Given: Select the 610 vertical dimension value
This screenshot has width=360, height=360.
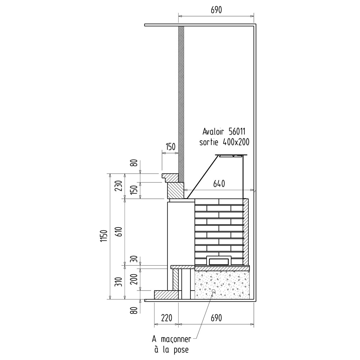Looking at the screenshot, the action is click(119, 232).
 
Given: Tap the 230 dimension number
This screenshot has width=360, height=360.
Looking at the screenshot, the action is click(119, 186).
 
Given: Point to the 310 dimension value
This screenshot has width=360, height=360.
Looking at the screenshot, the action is click(119, 282).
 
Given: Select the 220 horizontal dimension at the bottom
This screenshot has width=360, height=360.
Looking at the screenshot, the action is click(166, 318).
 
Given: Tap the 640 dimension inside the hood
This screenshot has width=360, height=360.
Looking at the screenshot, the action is click(219, 184).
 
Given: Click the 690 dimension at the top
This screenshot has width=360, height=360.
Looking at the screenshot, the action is click(216, 10).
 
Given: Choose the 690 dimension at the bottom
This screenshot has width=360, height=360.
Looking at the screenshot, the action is click(216, 318).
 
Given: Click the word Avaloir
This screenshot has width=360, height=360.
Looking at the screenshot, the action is click(213, 131).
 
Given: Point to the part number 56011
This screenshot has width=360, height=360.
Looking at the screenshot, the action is click(237, 131).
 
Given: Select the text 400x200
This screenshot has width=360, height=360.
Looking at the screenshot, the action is click(236, 142).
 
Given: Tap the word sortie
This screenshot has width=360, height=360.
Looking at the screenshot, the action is click(209, 143).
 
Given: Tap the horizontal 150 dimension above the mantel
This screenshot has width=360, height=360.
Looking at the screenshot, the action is click(170, 147).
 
